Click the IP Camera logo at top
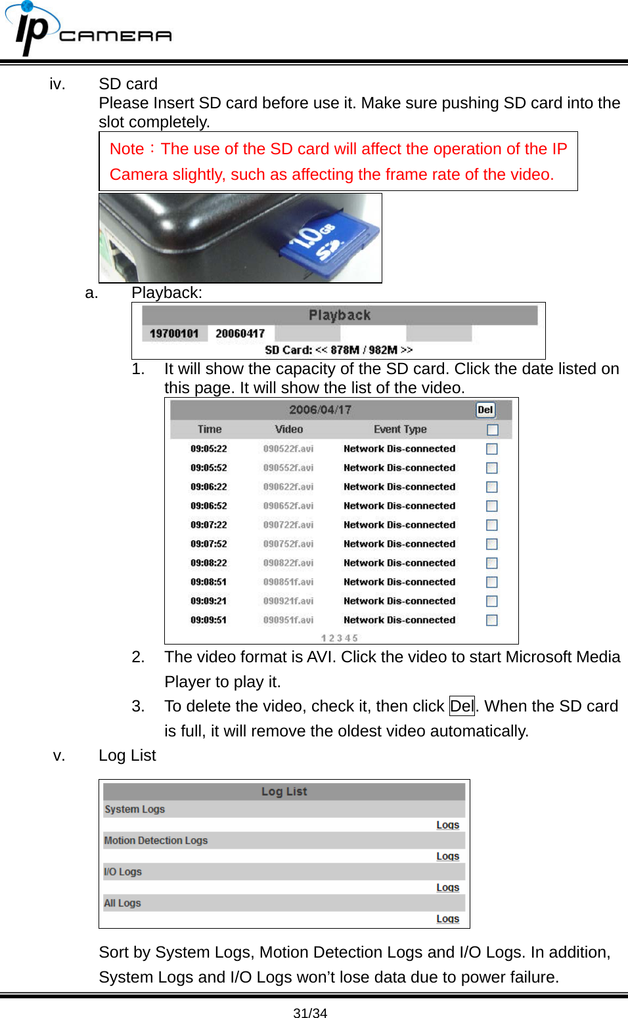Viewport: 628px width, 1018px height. (x=88, y=30)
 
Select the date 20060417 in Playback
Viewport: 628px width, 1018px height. (x=240, y=333)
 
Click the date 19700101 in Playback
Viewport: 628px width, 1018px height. (x=174, y=333)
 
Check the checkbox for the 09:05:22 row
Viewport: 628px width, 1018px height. (x=492, y=449)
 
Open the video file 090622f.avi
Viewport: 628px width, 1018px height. (x=288, y=487)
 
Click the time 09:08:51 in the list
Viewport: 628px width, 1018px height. (x=209, y=582)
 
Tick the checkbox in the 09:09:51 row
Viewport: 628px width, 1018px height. (x=492, y=620)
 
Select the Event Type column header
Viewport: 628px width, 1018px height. (x=400, y=429)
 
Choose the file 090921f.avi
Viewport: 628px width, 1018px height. (x=288, y=601)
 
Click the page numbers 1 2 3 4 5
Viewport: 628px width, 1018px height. (x=340, y=638)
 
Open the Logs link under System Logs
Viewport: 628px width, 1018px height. (x=447, y=825)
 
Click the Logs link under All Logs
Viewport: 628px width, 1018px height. (x=447, y=919)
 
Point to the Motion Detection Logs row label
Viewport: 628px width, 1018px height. (x=156, y=841)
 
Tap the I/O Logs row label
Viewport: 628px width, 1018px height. (x=123, y=872)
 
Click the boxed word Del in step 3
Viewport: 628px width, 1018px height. (x=462, y=706)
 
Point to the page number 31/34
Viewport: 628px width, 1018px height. (x=310, y=1013)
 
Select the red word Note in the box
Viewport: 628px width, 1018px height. (x=127, y=149)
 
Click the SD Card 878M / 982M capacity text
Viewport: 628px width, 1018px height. (x=339, y=350)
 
